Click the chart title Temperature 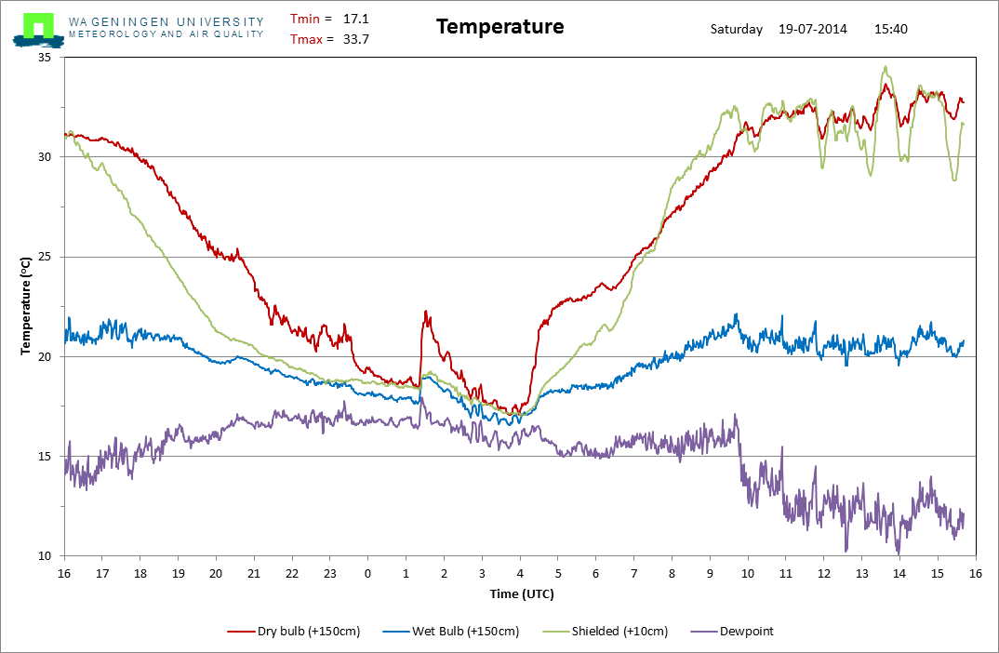click(x=500, y=27)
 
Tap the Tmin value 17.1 click(x=356, y=20)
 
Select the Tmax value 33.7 click(x=356, y=39)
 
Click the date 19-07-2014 click(x=813, y=29)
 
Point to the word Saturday click(x=737, y=30)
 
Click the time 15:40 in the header click(x=891, y=29)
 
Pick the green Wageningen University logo click(x=38, y=30)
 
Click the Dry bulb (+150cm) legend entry click(x=294, y=632)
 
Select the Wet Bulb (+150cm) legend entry click(x=451, y=632)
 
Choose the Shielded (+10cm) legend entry click(x=606, y=632)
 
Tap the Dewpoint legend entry click(x=732, y=632)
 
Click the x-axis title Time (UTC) click(x=522, y=593)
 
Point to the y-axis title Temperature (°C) click(x=25, y=306)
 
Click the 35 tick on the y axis click(x=45, y=58)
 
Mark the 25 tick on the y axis click(x=45, y=257)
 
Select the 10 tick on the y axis click(x=45, y=556)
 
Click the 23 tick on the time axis click(x=330, y=573)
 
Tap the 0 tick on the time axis click(x=367, y=573)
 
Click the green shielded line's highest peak click(x=885, y=66)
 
